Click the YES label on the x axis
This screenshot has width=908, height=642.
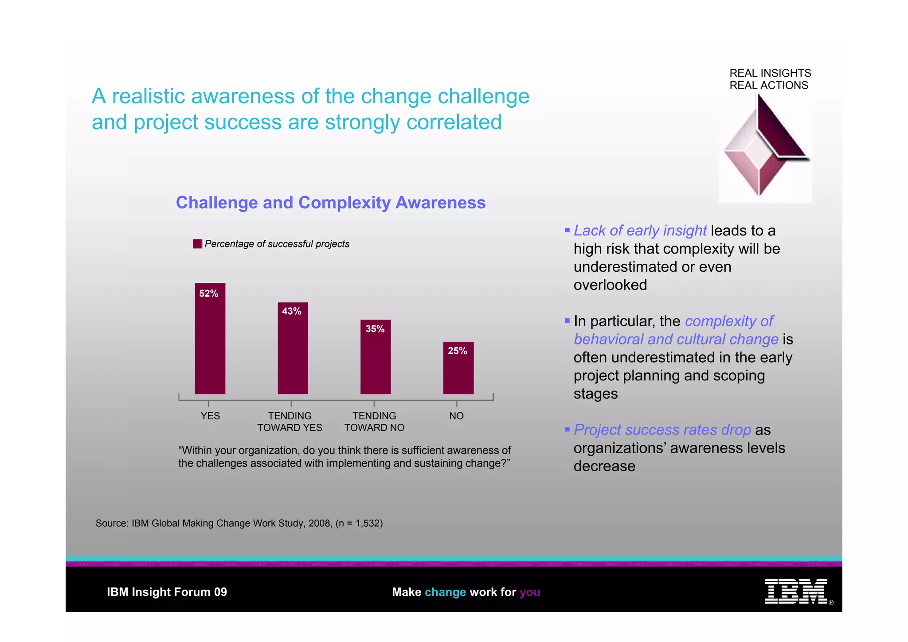click(210, 416)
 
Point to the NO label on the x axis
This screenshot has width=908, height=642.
click(456, 416)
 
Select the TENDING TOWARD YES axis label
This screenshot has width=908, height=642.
click(290, 422)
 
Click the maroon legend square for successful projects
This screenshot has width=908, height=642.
click(197, 244)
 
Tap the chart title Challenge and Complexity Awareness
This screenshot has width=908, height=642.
click(331, 203)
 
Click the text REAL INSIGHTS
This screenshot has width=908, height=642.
click(770, 73)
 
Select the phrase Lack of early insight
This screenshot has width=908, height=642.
click(640, 231)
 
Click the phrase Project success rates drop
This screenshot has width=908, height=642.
click(662, 430)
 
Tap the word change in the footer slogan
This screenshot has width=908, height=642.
click(445, 592)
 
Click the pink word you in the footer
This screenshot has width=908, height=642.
click(530, 592)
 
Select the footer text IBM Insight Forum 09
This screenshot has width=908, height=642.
click(167, 592)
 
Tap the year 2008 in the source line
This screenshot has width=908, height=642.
click(319, 523)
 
